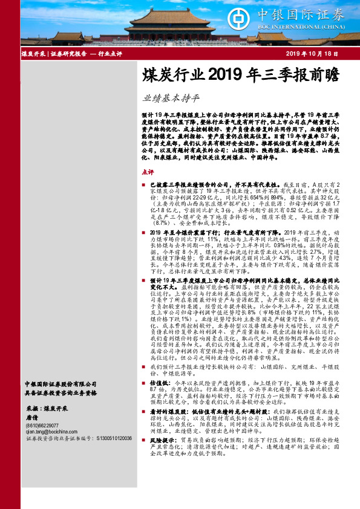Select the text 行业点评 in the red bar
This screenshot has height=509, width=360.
pyautogui.click(x=110, y=54)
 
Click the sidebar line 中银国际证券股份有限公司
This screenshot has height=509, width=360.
pyautogui.click(x=60, y=383)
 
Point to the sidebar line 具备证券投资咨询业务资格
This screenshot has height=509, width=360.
pyautogui.click(x=60, y=391)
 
